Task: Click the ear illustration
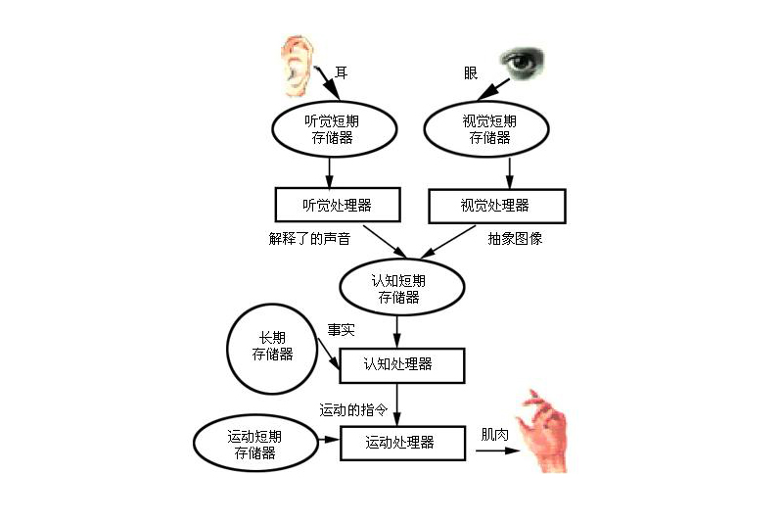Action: [x=297, y=67]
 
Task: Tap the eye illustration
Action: [x=522, y=62]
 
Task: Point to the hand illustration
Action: [x=542, y=431]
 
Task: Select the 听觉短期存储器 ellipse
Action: [x=334, y=129]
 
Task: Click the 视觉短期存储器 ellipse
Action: [x=486, y=129]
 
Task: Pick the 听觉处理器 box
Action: [x=338, y=205]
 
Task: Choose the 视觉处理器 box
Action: [x=497, y=206]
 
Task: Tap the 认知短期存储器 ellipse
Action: [x=402, y=287]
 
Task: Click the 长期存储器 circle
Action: [x=272, y=349]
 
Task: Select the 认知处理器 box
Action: [x=402, y=365]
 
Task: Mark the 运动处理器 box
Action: [x=402, y=444]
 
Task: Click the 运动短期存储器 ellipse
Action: [x=255, y=444]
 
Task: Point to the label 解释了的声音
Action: [x=309, y=239]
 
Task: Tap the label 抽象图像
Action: [x=515, y=239]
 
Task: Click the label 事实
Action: [x=341, y=330]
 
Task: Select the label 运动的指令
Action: [x=353, y=410]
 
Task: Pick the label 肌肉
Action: [x=494, y=435]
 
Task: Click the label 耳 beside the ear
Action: [x=341, y=72]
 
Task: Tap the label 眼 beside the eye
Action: [x=471, y=73]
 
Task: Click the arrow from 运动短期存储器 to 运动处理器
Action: [x=329, y=440]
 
